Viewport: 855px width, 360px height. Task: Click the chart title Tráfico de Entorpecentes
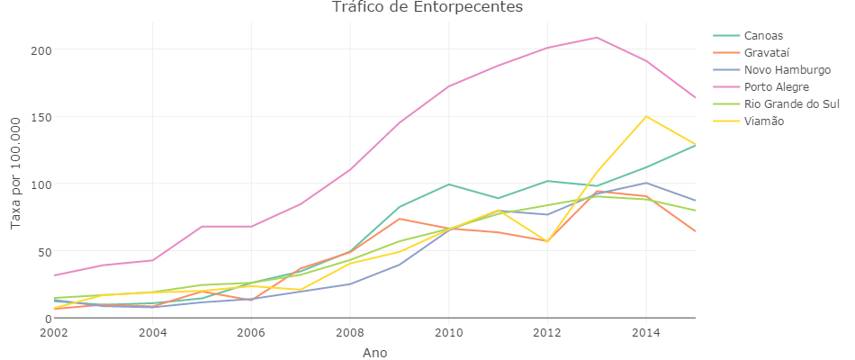coord(427,8)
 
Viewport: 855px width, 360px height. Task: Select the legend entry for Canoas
coord(764,35)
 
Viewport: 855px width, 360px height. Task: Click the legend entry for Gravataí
coord(768,52)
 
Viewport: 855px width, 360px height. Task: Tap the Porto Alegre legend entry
coord(777,86)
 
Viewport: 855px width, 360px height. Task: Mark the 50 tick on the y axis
coord(40,251)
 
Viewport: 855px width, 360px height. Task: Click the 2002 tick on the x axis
coord(54,333)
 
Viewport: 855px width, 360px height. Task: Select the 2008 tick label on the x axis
coord(350,333)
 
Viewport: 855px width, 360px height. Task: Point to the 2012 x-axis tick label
coord(547,333)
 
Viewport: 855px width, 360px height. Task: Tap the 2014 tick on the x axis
coord(645,333)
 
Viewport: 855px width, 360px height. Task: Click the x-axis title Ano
coord(374,353)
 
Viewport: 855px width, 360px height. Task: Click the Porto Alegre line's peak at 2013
coord(597,38)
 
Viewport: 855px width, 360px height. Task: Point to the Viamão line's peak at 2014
coord(645,116)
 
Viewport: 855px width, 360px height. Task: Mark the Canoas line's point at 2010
coord(448,184)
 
